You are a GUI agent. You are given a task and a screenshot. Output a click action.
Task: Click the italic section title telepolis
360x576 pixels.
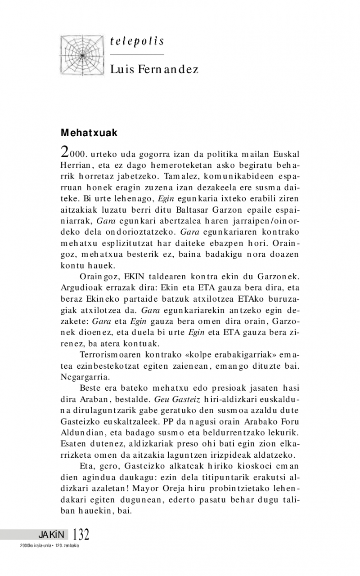[x=137, y=42]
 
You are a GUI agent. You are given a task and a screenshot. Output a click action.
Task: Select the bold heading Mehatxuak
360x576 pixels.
[x=89, y=134]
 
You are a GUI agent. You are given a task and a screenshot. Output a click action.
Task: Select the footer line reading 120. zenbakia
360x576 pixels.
[x=67, y=546]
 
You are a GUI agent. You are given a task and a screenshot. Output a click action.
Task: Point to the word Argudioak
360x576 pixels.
[x=79, y=286]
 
